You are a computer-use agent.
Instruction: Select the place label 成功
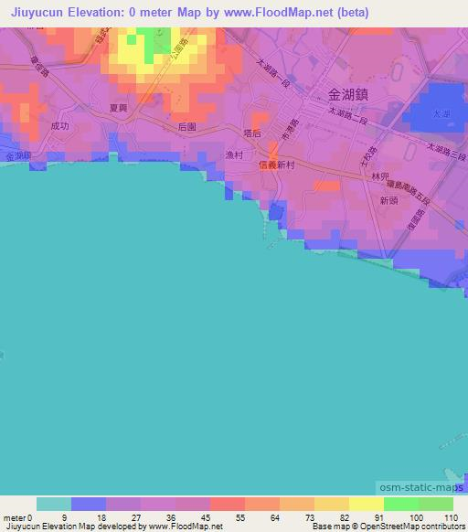[60, 126]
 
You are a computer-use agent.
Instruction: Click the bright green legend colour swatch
[400, 504]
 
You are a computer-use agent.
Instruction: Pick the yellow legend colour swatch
[366, 504]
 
